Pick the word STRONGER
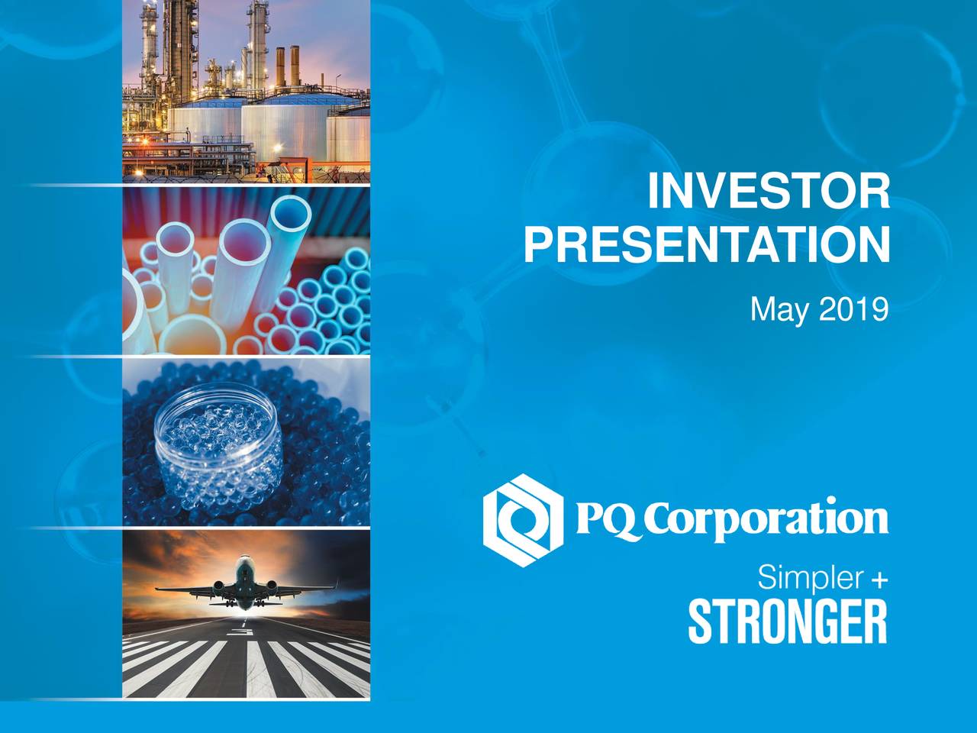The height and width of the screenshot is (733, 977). [788, 622]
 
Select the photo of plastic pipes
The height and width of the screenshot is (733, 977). [247, 270]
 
